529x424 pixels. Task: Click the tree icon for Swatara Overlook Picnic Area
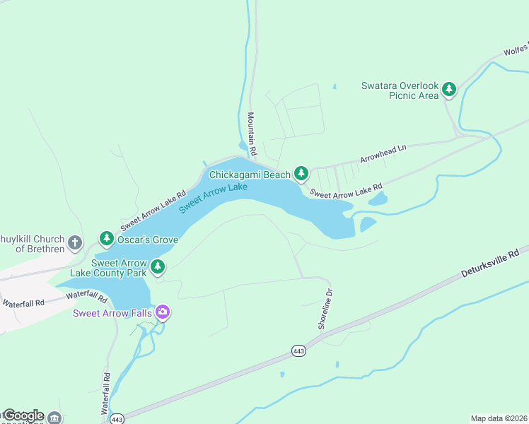pos(448,89)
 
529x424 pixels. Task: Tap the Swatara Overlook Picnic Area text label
pos(400,90)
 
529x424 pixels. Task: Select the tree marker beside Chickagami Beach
pos(301,174)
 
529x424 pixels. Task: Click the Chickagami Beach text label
pos(249,175)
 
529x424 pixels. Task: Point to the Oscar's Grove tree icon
pos(106,239)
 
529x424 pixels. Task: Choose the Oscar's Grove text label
pos(149,240)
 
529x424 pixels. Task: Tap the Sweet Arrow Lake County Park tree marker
pos(158,266)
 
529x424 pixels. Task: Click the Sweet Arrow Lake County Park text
pos(108,267)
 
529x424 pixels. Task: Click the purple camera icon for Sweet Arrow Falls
pos(163,312)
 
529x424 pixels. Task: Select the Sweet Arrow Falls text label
pos(112,312)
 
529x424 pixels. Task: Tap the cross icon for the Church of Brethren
pos(76,244)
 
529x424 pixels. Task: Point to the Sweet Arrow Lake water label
pos(213,198)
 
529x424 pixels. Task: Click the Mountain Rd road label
pos(251,134)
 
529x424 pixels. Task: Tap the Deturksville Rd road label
pos(490,262)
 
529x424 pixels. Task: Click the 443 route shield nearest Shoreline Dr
pos(299,351)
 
